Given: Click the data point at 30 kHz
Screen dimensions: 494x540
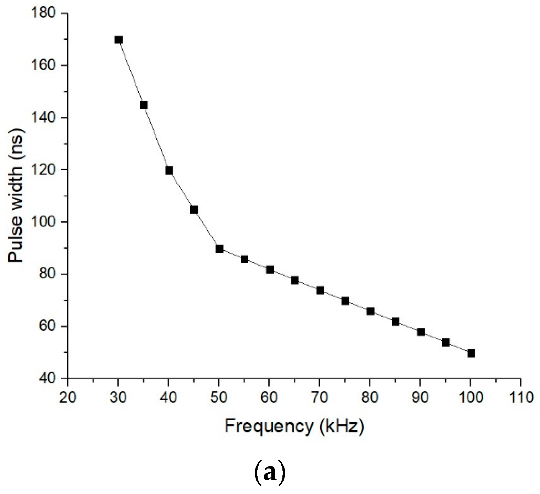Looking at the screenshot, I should (x=118, y=40).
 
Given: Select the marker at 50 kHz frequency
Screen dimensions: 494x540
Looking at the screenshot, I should (x=219, y=249).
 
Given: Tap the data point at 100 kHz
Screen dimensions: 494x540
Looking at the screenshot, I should (x=471, y=353).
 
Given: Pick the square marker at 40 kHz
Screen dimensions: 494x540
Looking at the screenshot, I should (x=169, y=171).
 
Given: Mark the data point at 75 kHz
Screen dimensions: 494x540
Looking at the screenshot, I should (x=345, y=301).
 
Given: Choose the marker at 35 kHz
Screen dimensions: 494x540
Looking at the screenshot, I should (x=144, y=105).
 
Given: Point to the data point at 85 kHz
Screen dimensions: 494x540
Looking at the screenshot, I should (x=396, y=322).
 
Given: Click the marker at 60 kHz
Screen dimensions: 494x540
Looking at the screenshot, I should (x=270, y=270).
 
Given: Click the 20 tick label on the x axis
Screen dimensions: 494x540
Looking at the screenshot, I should (x=68, y=398).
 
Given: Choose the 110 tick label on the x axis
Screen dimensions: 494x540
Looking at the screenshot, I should (x=520, y=398).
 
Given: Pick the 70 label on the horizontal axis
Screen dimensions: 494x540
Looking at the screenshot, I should (x=320, y=398).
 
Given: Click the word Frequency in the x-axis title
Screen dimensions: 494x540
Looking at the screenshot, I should (x=268, y=426).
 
